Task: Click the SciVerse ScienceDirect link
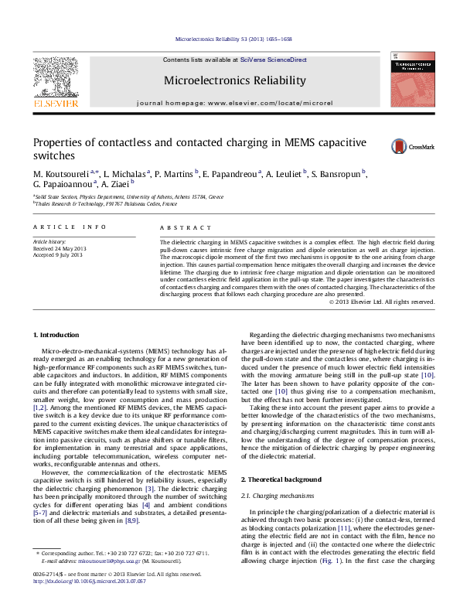pyautogui.click(x=273, y=60)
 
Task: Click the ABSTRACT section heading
pyautogui.click(x=185, y=227)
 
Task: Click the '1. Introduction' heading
pyautogui.click(x=58, y=335)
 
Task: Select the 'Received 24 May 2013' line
pyautogui.click(x=59, y=248)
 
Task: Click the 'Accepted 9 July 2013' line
pyautogui.click(x=57, y=254)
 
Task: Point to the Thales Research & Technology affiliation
pyautogui.click(x=104, y=204)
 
